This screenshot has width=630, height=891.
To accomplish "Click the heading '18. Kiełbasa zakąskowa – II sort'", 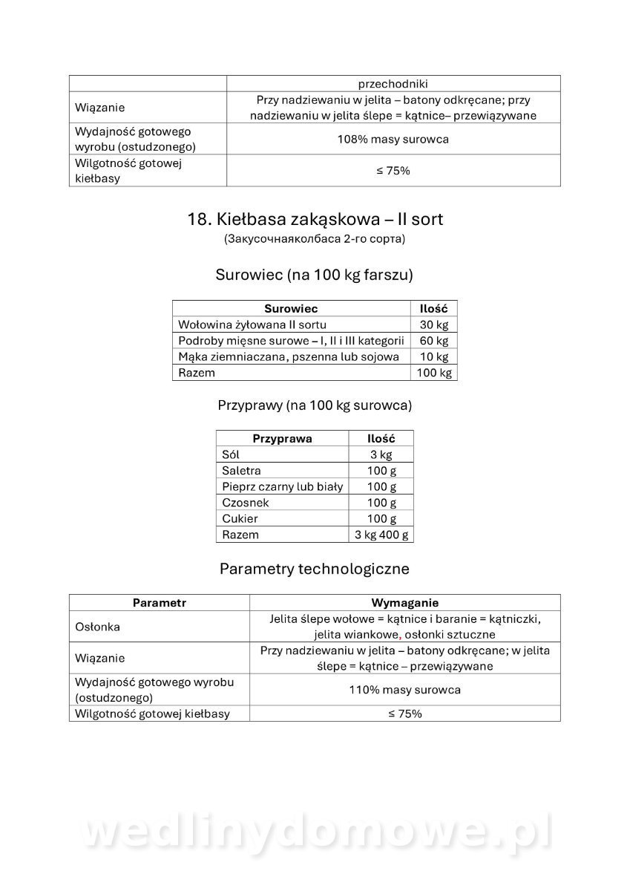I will click(x=315, y=219).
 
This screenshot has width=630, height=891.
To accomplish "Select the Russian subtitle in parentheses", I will click(x=315, y=239).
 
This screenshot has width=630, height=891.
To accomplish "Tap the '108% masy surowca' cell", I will click(x=393, y=139).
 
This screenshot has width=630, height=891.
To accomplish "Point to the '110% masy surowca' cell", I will click(x=404, y=690).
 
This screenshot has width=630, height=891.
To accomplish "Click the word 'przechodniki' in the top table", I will click(x=393, y=84).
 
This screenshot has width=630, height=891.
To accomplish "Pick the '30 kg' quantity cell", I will click(x=433, y=324).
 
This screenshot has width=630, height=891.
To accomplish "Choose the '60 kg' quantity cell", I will click(x=433, y=341).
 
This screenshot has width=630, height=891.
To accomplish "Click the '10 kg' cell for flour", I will click(x=433, y=356).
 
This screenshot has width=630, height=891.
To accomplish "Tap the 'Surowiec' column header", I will click(x=291, y=308).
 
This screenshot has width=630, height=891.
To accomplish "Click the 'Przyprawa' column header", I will click(x=282, y=439).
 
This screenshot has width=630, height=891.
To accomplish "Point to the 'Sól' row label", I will click(x=231, y=454).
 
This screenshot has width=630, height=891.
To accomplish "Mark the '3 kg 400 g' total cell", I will click(x=381, y=535).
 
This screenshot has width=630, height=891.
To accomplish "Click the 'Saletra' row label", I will click(x=241, y=471).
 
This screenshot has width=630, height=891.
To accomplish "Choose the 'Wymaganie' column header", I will click(x=404, y=603).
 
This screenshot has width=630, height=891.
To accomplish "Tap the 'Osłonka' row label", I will click(x=98, y=627).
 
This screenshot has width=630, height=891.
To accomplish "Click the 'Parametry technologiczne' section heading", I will click(x=315, y=569).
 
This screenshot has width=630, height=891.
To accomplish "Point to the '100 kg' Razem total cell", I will click(x=433, y=373).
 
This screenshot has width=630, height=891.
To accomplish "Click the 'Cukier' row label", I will click(x=240, y=519).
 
